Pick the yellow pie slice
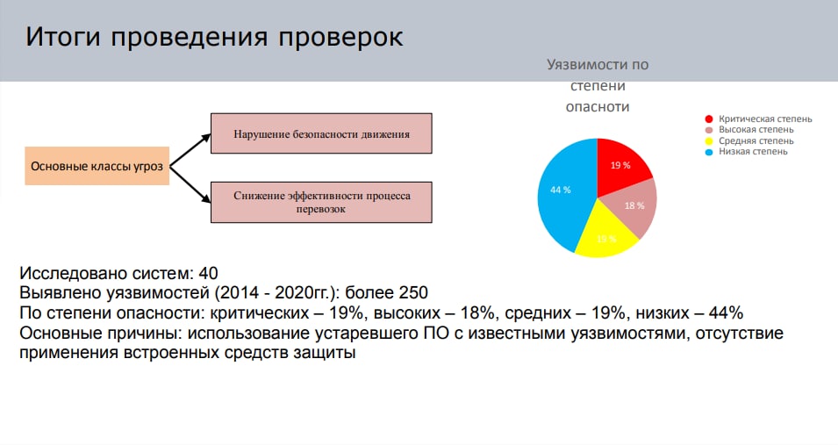(606, 235)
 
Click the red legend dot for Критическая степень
(709, 118)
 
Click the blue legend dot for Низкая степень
(709, 152)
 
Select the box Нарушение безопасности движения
(321, 133)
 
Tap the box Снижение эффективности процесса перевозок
(321, 202)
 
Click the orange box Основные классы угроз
(97, 166)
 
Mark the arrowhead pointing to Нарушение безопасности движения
(206, 138)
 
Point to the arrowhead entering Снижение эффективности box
(206, 198)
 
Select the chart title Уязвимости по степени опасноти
(598, 86)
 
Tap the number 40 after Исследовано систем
(209, 273)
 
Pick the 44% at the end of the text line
(726, 312)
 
